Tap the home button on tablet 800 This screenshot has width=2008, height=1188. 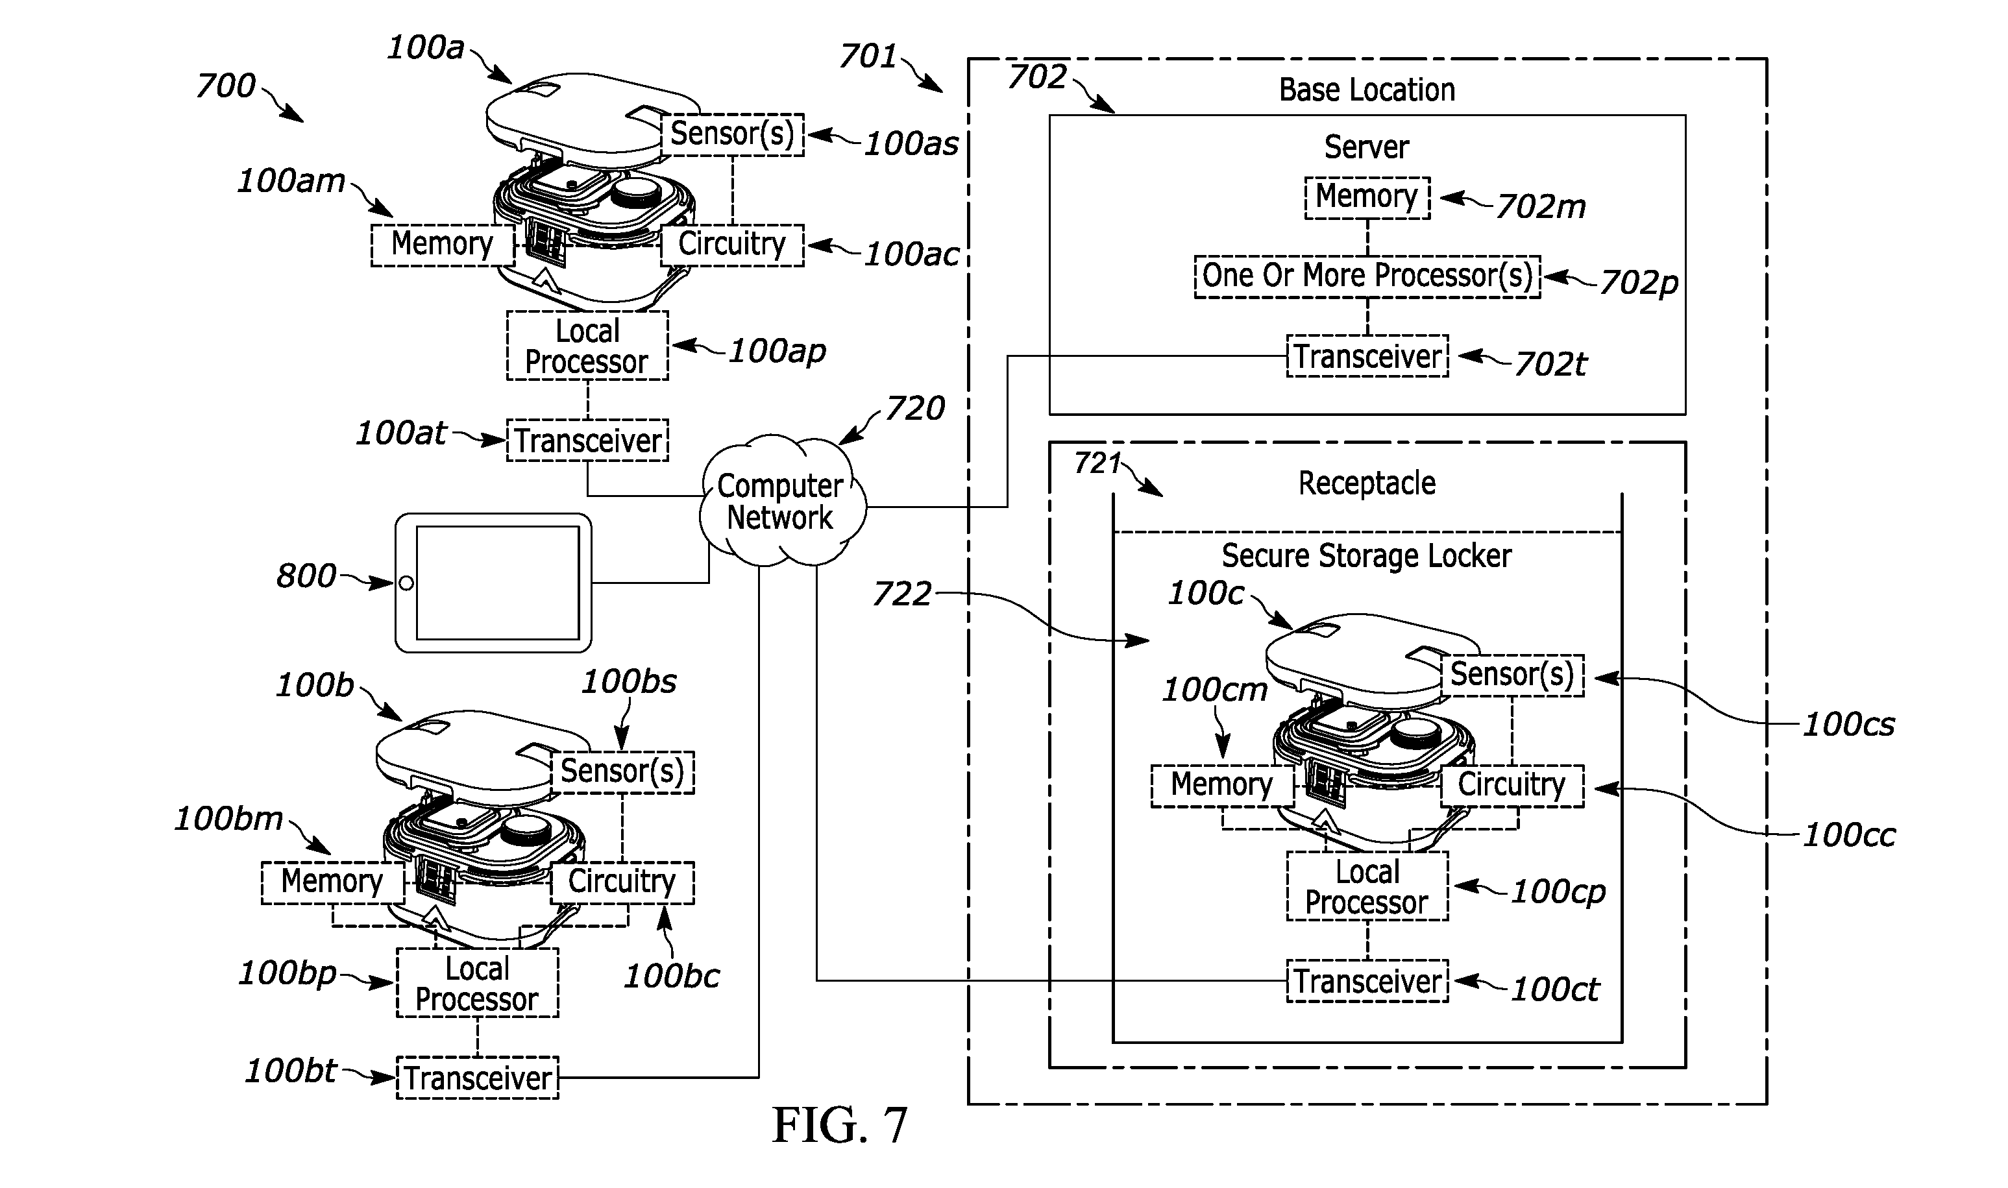(406, 583)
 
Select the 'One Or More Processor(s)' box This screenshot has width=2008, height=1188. (1367, 276)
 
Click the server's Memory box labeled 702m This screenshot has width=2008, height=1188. (1367, 197)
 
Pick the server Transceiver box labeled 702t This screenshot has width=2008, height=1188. (1367, 356)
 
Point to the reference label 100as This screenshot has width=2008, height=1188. (911, 144)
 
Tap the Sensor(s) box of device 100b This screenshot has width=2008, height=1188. (622, 771)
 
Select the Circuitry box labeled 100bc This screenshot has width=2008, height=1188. (622, 882)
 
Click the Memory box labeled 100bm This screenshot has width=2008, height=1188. (332, 882)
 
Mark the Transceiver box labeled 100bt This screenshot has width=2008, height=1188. (477, 1078)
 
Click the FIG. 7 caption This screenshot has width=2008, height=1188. (840, 1125)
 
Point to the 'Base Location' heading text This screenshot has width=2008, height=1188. (1367, 90)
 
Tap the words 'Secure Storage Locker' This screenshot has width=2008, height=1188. (1366, 555)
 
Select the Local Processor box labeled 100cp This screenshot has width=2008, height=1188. (1367, 886)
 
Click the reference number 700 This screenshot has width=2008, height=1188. (226, 86)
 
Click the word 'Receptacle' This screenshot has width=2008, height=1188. (1367, 483)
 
